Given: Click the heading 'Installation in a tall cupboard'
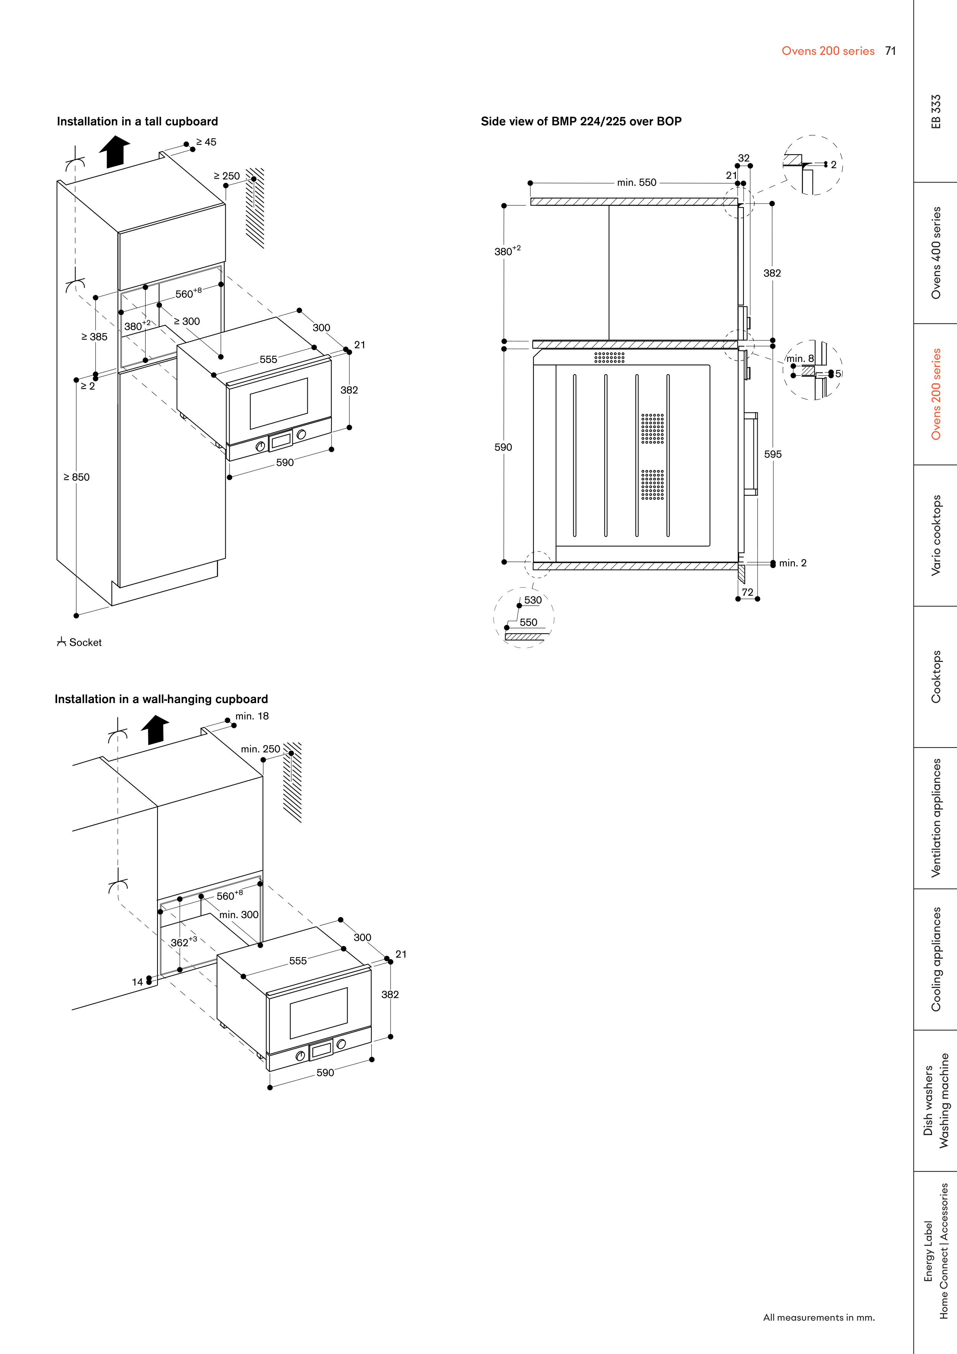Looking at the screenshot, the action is (137, 122).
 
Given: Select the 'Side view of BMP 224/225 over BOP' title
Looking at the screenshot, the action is (581, 122).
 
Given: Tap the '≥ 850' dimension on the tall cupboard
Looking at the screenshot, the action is (77, 477).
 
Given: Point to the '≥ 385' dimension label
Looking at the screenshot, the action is (94, 337).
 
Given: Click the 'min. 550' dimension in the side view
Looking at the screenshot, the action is (637, 183).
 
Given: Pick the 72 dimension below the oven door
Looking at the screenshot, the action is (748, 592).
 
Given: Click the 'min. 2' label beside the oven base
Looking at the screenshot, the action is (793, 563).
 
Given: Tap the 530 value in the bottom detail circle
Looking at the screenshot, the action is (533, 600).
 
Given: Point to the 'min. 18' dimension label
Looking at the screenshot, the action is (252, 716).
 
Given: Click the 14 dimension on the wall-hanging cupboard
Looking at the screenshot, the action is (137, 982).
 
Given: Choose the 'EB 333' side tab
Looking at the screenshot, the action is (936, 112).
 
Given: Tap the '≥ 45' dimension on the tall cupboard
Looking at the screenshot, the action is (206, 142).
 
